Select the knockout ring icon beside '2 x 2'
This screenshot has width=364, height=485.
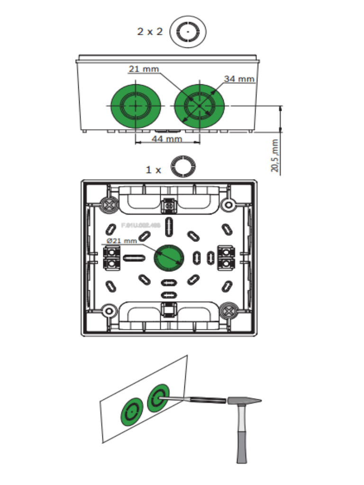click(x=188, y=32)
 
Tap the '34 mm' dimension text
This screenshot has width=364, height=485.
click(x=239, y=79)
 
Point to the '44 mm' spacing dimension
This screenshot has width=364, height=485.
click(x=166, y=139)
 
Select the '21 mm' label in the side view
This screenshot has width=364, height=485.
click(x=144, y=69)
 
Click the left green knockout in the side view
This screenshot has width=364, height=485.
click(x=136, y=106)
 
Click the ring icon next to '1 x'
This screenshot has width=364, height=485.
click(x=183, y=166)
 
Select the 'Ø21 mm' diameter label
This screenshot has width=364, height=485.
click(x=122, y=241)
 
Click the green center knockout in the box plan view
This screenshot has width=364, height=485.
click(x=169, y=257)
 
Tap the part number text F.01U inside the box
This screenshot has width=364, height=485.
click(x=141, y=226)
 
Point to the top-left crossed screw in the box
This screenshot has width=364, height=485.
click(x=109, y=204)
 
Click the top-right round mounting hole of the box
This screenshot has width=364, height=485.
click(x=229, y=205)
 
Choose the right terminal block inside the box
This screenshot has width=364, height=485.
click(x=226, y=257)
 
